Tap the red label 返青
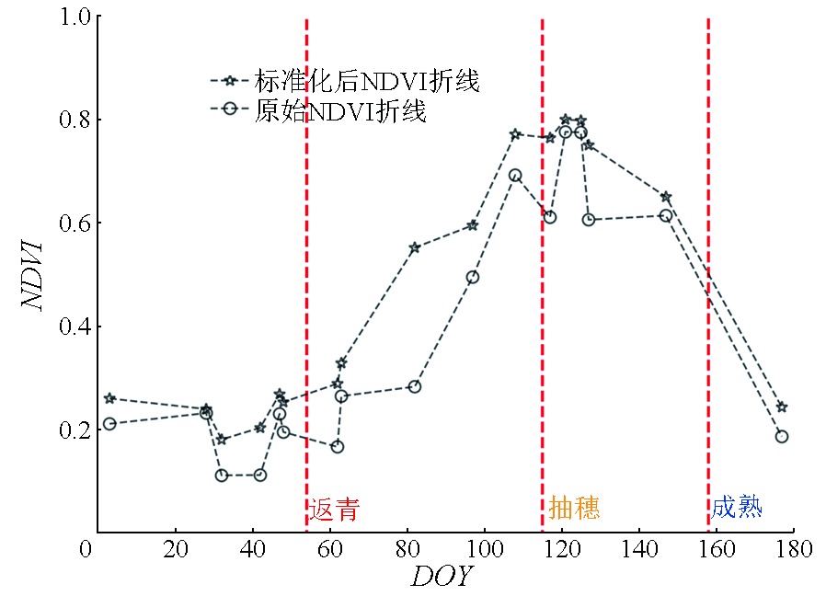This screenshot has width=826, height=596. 334,509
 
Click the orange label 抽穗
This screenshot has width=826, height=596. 574,508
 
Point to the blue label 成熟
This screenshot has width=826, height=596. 737,507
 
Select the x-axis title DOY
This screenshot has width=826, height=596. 442,577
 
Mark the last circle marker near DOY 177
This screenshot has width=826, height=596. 782,436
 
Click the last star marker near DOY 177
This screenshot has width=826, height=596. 782,407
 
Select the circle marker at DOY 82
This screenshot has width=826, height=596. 415,386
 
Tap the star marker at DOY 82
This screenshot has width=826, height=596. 415,247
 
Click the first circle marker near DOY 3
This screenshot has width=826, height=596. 109,424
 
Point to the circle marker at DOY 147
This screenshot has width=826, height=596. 666,215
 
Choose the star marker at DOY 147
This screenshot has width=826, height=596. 666,197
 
